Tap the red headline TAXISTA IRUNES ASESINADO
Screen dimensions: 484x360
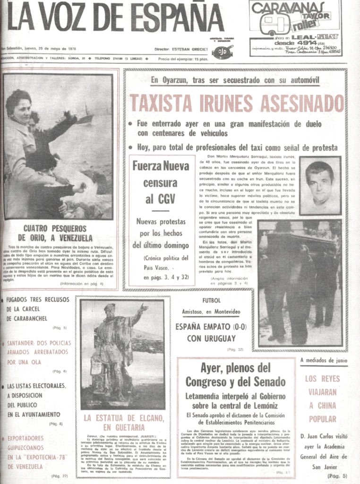click(x=236, y=103)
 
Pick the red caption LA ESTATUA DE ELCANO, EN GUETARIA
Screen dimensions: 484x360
click(x=124, y=422)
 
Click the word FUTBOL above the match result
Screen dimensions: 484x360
click(x=211, y=301)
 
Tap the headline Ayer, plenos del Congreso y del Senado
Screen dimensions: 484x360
click(x=235, y=375)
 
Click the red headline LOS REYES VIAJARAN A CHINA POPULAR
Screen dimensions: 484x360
click(x=323, y=398)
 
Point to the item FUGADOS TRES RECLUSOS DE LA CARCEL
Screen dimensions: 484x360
click(x=38, y=309)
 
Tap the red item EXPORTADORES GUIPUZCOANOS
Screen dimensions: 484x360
click(x=38, y=451)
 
